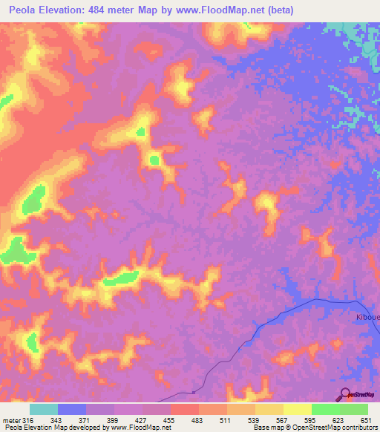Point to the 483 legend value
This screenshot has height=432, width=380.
[198, 420]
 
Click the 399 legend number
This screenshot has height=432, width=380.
[114, 420]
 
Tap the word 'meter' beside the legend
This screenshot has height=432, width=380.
[10, 420]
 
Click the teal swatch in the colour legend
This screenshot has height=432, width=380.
[44, 409]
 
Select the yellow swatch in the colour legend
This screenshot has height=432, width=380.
[297, 409]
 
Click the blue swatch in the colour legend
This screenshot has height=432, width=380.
[72, 409]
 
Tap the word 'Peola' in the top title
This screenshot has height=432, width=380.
[24, 10]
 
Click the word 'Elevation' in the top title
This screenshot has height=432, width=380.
[65, 10]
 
